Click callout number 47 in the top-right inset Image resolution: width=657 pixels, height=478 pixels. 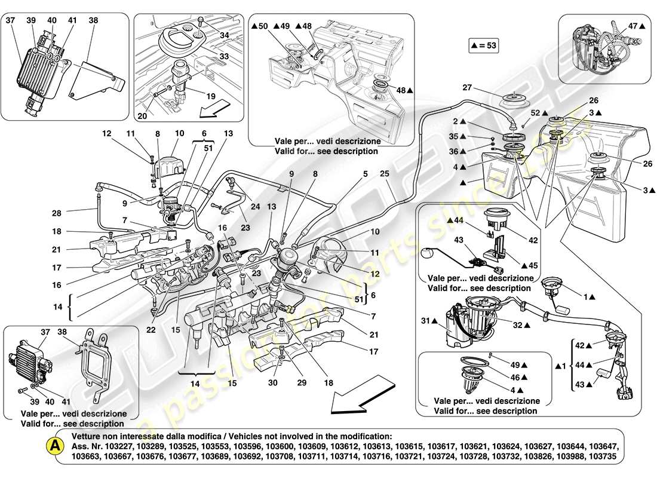tap(634, 26)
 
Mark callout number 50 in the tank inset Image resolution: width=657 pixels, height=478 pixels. tap(261, 26)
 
